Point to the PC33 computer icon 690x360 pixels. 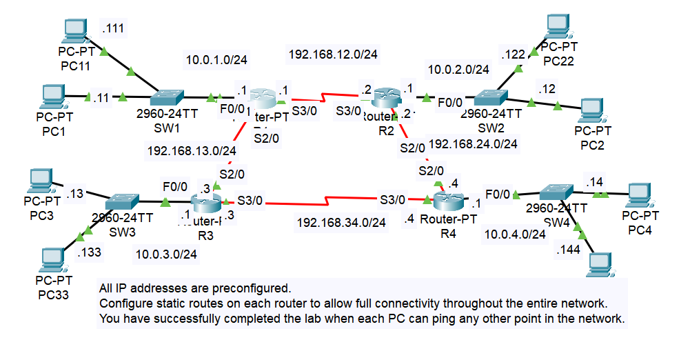pyautogui.click(x=54, y=259)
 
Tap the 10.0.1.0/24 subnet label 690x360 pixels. pyautogui.click(x=216, y=60)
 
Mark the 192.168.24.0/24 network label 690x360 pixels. pyautogui.click(x=473, y=144)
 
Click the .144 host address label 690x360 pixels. pyautogui.click(x=570, y=250)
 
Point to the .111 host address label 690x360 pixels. pyautogui.click(x=114, y=28)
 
